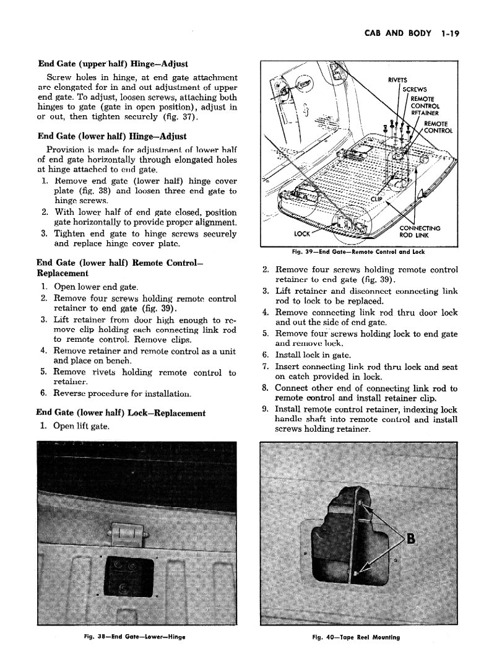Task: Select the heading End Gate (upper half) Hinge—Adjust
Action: point(113,63)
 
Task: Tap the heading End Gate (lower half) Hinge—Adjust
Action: point(112,136)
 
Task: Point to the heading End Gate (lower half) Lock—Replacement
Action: point(121,412)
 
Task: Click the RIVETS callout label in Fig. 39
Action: point(397,79)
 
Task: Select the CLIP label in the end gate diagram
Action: point(376,199)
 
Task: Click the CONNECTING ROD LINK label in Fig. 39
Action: point(420,231)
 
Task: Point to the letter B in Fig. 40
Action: point(410,536)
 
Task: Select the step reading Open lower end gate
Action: point(96,287)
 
